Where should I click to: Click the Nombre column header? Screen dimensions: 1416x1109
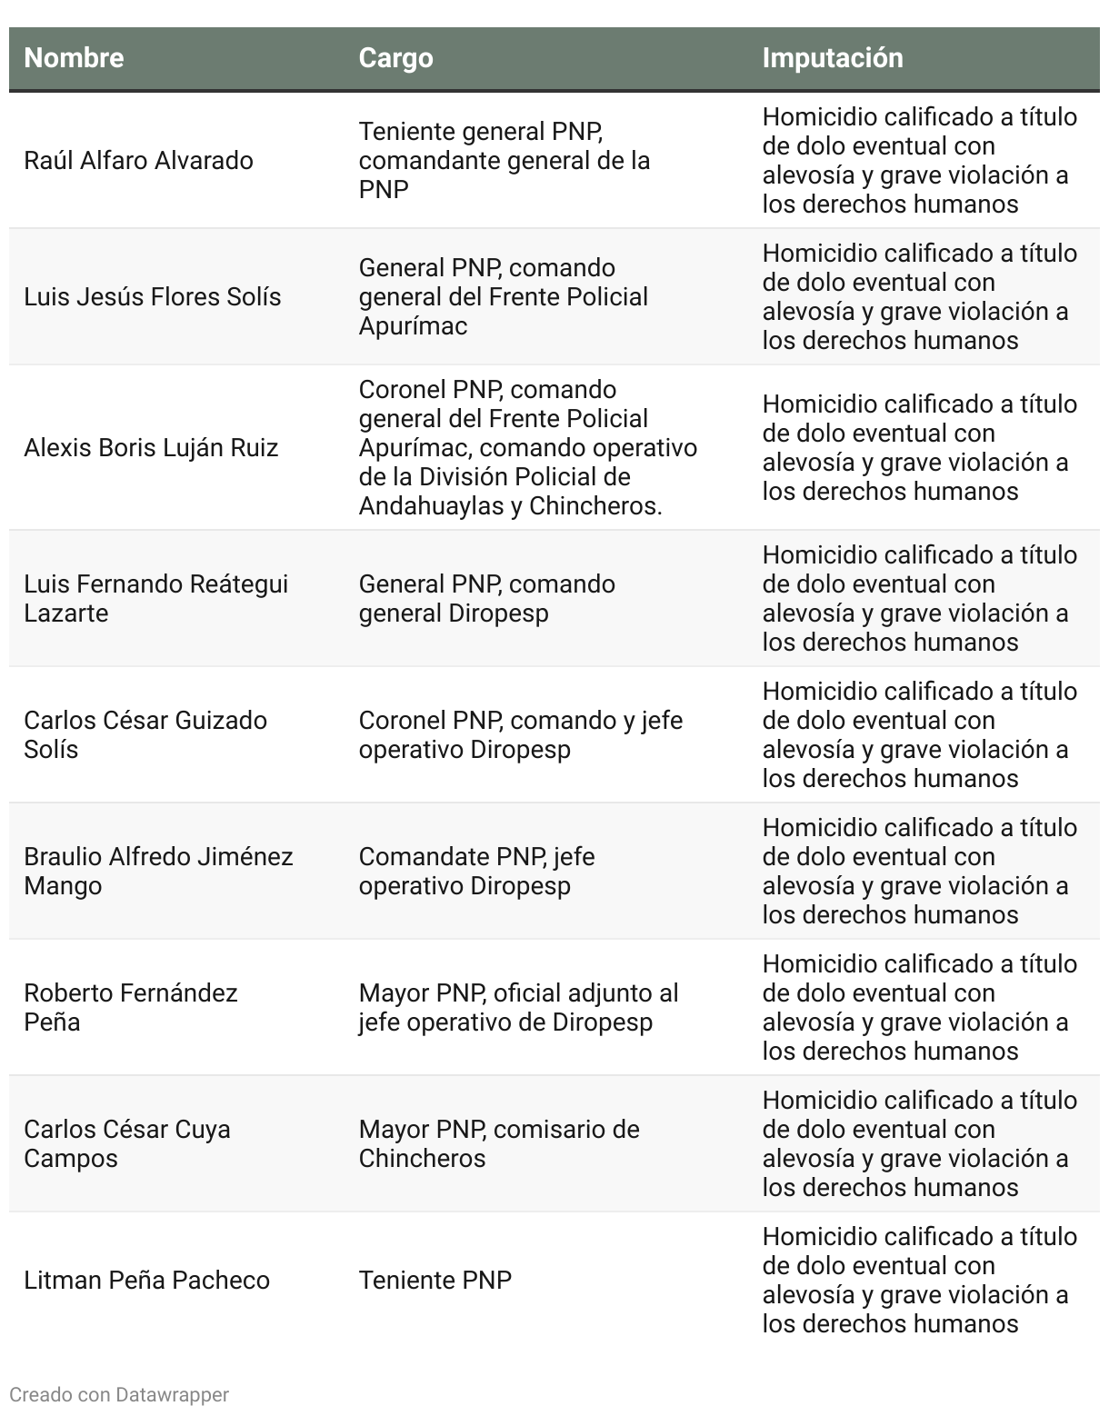point(74,58)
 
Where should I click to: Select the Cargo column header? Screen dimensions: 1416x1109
point(395,58)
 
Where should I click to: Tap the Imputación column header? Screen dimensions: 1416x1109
point(832,58)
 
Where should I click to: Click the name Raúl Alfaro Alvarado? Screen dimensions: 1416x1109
point(138,161)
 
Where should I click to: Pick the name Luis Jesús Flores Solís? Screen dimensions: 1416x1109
point(152,297)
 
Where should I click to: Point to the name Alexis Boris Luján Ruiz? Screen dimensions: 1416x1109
point(151,448)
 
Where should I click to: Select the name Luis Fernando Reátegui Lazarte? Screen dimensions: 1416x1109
point(155,598)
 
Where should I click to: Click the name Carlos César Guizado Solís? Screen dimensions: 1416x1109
point(145,734)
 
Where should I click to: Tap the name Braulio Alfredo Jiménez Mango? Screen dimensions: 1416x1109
point(158,871)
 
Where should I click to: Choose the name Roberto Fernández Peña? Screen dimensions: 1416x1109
point(131,1007)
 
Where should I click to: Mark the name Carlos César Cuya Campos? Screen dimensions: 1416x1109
point(127,1143)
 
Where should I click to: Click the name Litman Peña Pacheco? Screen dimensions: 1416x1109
point(146,1281)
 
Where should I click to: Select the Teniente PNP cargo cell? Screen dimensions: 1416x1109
point(435,1281)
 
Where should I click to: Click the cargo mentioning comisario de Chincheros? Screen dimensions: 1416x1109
point(499,1143)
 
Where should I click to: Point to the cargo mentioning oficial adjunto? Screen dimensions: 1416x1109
point(518,1007)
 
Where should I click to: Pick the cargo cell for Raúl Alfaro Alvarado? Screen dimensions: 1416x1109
point(504,161)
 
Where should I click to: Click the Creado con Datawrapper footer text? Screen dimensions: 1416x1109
point(119,1394)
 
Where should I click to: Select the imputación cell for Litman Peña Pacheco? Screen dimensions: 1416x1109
point(919,1280)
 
